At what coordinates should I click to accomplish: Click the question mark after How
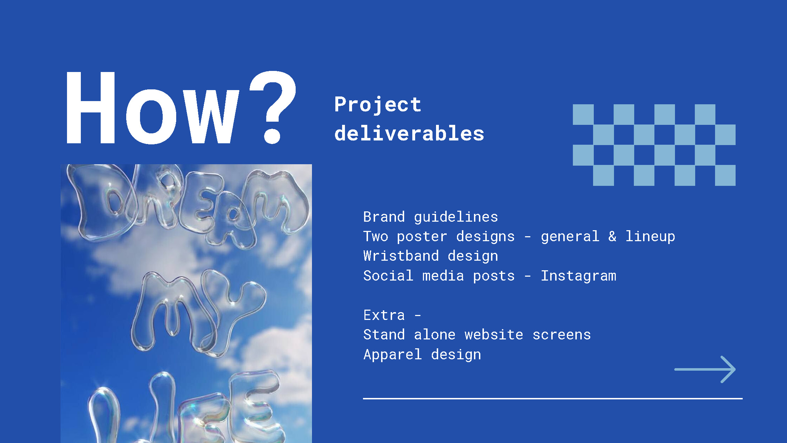pyautogui.click(x=273, y=106)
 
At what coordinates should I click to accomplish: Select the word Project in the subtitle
pyautogui.click(x=378, y=105)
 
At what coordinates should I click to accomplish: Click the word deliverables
pyautogui.click(x=409, y=133)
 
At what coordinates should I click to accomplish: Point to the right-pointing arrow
pyautogui.click(x=705, y=369)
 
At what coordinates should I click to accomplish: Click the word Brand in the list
pyautogui.click(x=384, y=217)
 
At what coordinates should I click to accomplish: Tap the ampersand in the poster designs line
pyautogui.click(x=612, y=237)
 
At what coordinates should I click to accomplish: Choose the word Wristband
pyautogui.click(x=401, y=256)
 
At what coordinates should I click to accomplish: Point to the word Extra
pyautogui.click(x=384, y=315)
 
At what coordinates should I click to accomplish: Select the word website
pyautogui.click(x=494, y=335)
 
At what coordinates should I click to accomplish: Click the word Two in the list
pyautogui.click(x=375, y=237)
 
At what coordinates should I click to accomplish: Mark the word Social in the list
pyautogui.click(x=388, y=276)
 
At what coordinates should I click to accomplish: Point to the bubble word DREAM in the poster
pyautogui.click(x=188, y=206)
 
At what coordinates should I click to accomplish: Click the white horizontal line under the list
pyautogui.click(x=553, y=399)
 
